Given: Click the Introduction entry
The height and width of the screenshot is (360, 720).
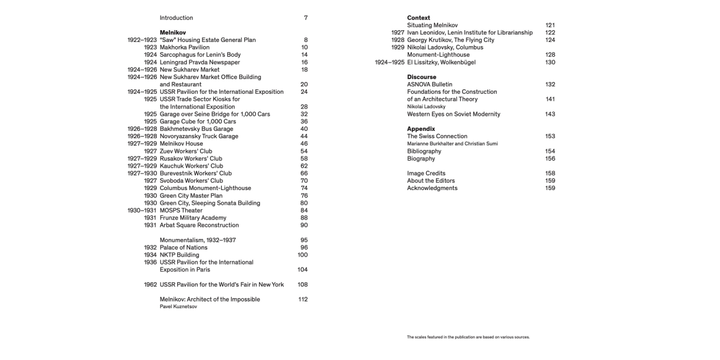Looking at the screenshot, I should point(176,18).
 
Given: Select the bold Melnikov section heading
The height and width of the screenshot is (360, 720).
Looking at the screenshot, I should point(172,33).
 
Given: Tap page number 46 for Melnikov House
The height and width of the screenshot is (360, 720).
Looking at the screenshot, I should point(304,144).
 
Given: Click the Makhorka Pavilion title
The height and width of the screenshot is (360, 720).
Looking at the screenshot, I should point(184,48).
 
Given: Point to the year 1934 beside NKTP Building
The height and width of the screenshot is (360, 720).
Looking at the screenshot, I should point(150,255).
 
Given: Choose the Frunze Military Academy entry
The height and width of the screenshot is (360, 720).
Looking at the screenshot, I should point(192,218).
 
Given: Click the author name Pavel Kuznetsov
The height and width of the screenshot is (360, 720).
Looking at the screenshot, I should point(178,306).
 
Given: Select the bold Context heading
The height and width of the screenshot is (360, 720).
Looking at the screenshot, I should point(419,18).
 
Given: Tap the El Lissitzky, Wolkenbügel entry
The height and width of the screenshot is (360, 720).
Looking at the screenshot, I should point(441,62).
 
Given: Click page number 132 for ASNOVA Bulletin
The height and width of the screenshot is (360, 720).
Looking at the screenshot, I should point(550,84).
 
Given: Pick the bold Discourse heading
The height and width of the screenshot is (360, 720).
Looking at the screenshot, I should point(421,77).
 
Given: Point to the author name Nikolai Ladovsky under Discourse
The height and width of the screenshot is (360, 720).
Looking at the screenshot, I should point(426,107).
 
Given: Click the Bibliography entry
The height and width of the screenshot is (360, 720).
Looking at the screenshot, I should point(424,151).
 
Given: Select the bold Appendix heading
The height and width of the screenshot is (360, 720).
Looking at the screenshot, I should point(421,129).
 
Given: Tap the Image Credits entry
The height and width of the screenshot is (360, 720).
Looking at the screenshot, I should point(426,173).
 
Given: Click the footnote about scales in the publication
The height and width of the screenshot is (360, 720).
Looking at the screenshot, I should point(468,337).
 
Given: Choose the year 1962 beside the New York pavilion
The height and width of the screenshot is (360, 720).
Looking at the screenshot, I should point(150,285).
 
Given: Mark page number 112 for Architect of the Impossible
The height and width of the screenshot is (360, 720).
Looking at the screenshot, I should point(302,300).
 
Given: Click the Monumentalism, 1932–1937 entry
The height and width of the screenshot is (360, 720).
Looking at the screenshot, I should point(197,240).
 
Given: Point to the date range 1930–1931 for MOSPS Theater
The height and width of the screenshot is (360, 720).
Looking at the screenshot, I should point(142,210).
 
